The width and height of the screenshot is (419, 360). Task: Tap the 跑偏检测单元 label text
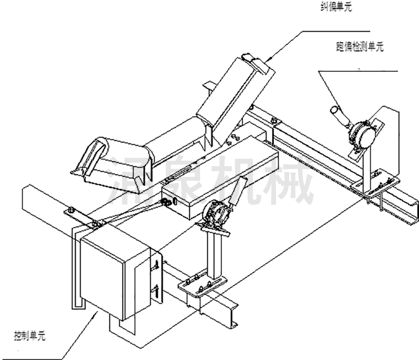point(360,47)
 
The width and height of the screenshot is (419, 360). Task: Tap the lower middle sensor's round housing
point(213,215)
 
